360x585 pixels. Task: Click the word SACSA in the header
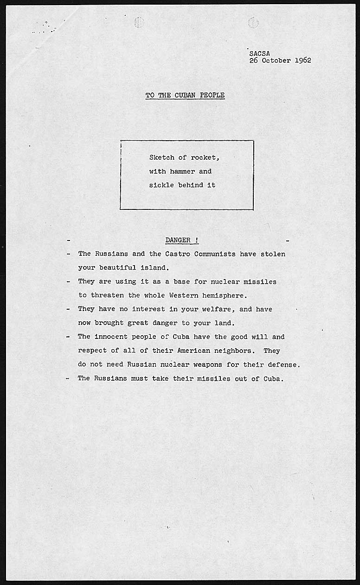point(259,53)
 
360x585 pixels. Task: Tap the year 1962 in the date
point(303,60)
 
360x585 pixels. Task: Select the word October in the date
point(276,60)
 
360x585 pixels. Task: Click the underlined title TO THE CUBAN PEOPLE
point(185,95)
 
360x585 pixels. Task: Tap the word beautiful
point(116,268)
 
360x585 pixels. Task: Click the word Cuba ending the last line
point(273,378)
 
